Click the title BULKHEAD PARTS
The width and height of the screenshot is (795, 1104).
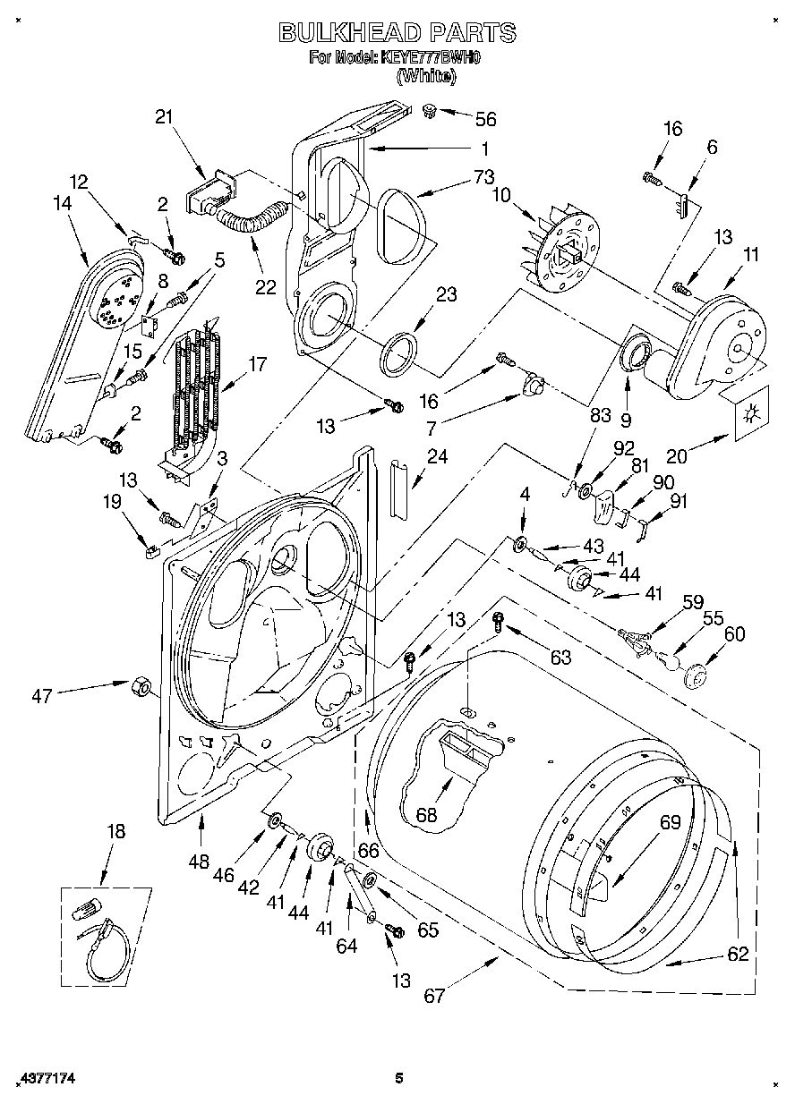pyautogui.click(x=397, y=32)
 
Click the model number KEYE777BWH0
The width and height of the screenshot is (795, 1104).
pyautogui.click(x=431, y=58)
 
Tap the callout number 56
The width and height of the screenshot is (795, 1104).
pyautogui.click(x=485, y=119)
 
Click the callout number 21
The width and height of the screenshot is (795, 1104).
pyautogui.click(x=163, y=115)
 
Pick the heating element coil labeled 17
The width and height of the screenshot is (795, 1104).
pyautogui.click(x=197, y=385)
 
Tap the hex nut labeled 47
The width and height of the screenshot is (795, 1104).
pyautogui.click(x=141, y=686)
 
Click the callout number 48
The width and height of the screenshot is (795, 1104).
pyautogui.click(x=199, y=862)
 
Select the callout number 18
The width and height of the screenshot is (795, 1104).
pyautogui.click(x=116, y=830)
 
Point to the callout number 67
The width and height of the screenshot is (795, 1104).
pyautogui.click(x=434, y=996)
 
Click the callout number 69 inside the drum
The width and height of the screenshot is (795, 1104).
pyautogui.click(x=671, y=821)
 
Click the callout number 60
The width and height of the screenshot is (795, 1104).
pyautogui.click(x=734, y=634)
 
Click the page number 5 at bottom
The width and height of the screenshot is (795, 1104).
pyautogui.click(x=399, y=1079)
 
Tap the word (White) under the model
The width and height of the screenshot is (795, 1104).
pyautogui.click(x=426, y=76)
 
